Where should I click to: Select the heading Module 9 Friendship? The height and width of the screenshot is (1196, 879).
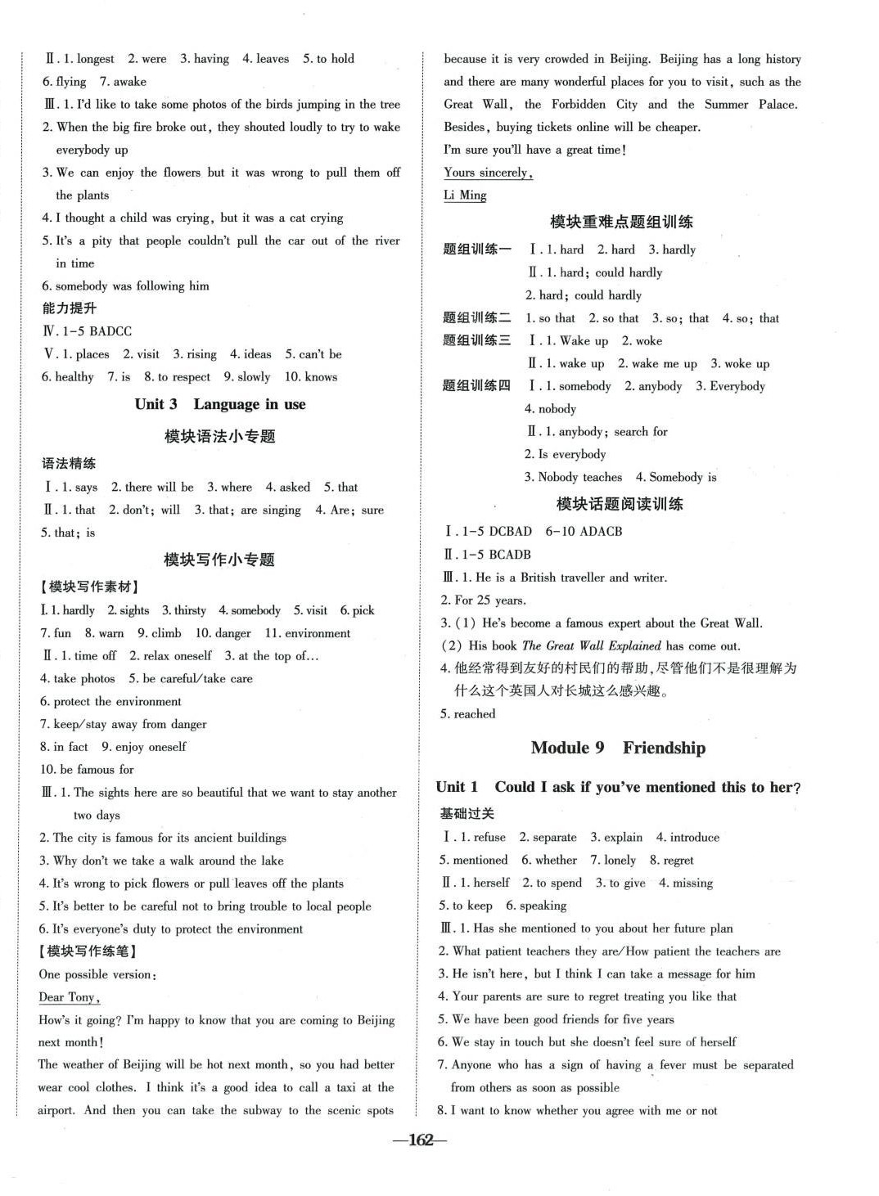click(618, 748)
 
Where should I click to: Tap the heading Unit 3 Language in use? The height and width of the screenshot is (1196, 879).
click(220, 404)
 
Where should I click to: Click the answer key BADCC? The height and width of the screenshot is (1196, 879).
click(110, 331)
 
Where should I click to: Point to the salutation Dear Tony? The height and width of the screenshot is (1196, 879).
click(70, 997)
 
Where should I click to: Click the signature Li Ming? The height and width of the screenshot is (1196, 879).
click(465, 196)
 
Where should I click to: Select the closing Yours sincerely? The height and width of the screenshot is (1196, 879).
click(488, 173)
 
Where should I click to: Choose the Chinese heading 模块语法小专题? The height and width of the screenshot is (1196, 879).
click(220, 437)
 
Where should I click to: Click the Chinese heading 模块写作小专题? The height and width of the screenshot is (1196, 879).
click(219, 560)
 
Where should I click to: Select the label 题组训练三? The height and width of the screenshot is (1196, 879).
click(476, 340)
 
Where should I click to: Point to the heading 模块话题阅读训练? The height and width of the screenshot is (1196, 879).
click(620, 504)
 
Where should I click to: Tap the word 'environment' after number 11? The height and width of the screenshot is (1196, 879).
click(318, 633)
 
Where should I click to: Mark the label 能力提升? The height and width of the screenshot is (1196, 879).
click(70, 308)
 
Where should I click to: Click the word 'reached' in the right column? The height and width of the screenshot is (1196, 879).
click(475, 714)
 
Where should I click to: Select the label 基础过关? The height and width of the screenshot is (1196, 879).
click(467, 814)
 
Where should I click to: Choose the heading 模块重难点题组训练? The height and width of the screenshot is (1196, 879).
click(621, 222)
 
